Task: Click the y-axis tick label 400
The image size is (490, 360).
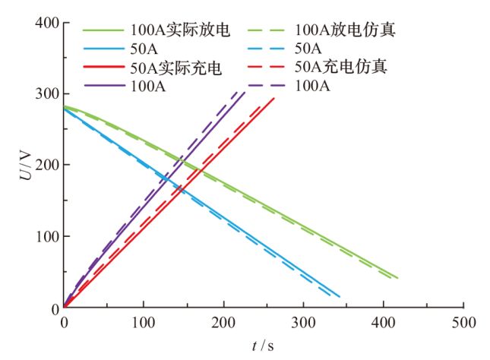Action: click(47, 22)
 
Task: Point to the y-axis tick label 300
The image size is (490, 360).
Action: click(47, 93)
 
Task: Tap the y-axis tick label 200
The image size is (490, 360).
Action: click(47, 165)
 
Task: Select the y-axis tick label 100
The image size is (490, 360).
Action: click(47, 237)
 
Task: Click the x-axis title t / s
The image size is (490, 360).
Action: click(263, 346)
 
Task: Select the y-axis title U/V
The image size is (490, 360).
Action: click(26, 166)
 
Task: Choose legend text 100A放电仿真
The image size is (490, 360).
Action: click(345, 31)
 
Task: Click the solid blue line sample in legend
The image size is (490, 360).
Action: click(103, 49)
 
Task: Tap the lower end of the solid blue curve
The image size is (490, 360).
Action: click(340, 297)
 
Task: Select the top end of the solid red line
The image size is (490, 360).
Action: click(273, 98)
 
